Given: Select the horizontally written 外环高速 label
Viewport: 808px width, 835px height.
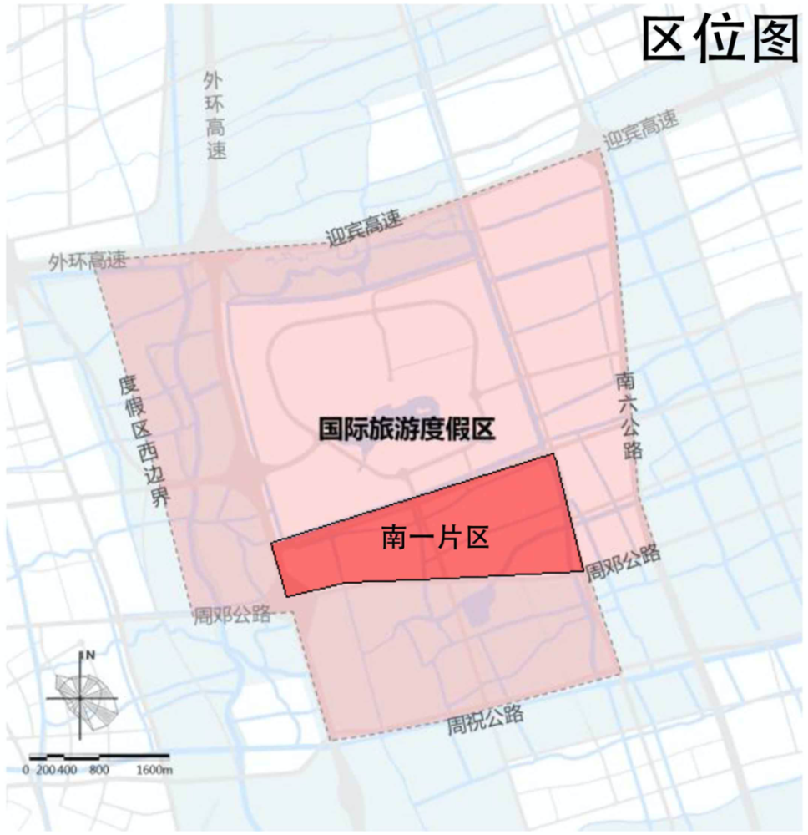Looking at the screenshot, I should coord(88,261).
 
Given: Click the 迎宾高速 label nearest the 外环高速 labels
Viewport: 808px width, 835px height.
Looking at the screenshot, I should coord(365,230).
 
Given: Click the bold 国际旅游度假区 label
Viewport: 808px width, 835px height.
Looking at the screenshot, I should coord(407,429).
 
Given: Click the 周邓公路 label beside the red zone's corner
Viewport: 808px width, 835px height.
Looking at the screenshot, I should coord(623,563).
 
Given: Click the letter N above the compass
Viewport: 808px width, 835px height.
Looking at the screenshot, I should coord(88,656).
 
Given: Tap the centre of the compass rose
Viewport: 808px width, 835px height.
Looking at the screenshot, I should coord(81,697).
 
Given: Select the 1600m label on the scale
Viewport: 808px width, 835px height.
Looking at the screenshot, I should coord(154,769).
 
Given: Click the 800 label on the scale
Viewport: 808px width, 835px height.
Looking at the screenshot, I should coord(99,769).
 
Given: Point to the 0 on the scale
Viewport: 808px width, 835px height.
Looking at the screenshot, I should coord(26,769).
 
